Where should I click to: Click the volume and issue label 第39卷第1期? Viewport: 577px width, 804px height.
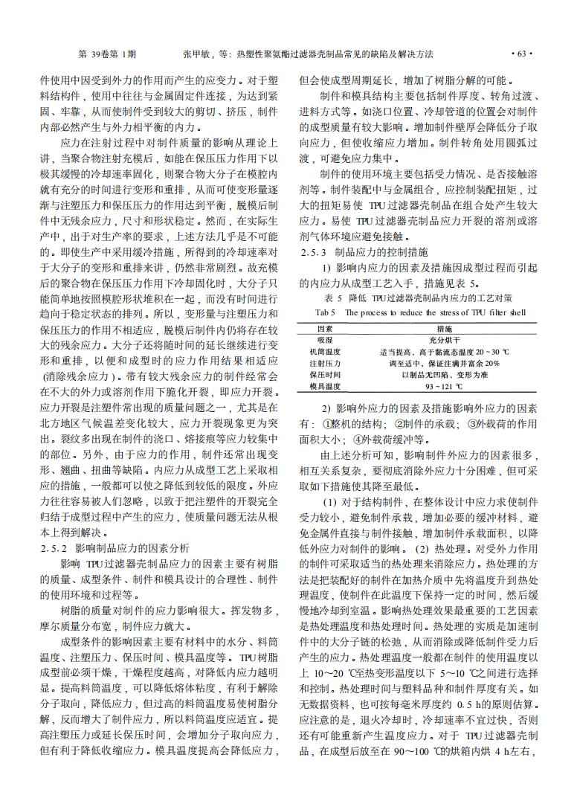[x=107, y=54]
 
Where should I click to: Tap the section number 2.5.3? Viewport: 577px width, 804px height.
[x=316, y=252]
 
